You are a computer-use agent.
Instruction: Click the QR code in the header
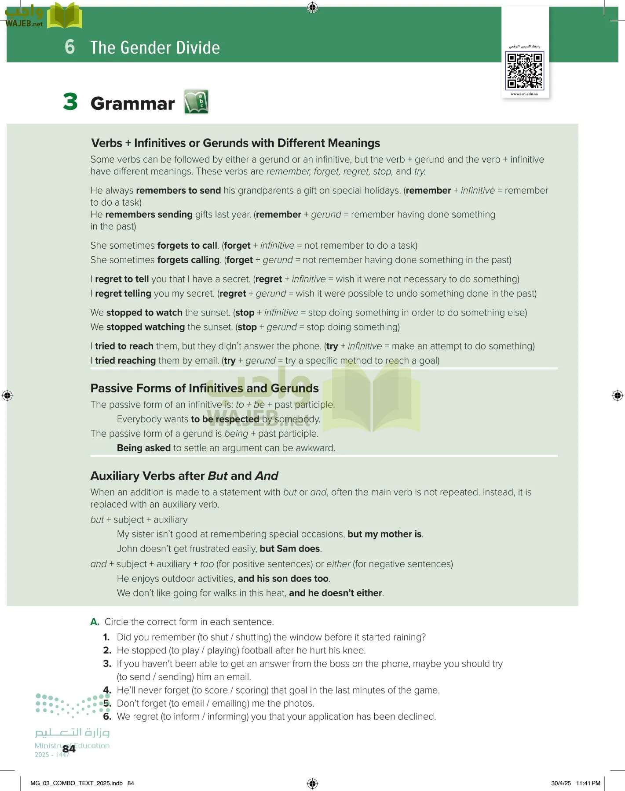pyautogui.click(x=525, y=70)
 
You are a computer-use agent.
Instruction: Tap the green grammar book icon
pyautogui.click(x=196, y=102)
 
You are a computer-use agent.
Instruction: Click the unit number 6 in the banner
pyautogui.click(x=69, y=47)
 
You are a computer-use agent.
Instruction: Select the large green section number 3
pyautogui.click(x=70, y=102)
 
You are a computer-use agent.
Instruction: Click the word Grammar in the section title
pyautogui.click(x=132, y=104)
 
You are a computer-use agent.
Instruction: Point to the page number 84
pyautogui.click(x=69, y=749)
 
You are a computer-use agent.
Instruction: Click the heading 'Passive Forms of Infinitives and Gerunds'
pyautogui.click(x=205, y=388)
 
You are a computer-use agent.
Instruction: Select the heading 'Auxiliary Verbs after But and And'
pyautogui.click(x=184, y=476)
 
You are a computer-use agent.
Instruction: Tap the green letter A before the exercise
pyautogui.click(x=95, y=622)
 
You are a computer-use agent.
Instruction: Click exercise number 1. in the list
pyautogui.click(x=106, y=637)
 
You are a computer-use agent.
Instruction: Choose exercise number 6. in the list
pyautogui.click(x=107, y=716)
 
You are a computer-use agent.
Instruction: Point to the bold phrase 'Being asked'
pyautogui.click(x=143, y=448)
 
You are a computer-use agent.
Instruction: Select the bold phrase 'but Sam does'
pyautogui.click(x=290, y=549)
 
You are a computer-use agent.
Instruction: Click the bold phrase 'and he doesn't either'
pyautogui.click(x=336, y=593)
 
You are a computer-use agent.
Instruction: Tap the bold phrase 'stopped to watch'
pyautogui.click(x=144, y=313)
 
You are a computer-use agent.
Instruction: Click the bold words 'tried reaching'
pyautogui.click(x=125, y=361)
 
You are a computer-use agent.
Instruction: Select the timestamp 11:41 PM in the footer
pyautogui.click(x=588, y=783)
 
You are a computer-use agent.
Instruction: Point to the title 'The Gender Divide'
pyautogui.click(x=155, y=47)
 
